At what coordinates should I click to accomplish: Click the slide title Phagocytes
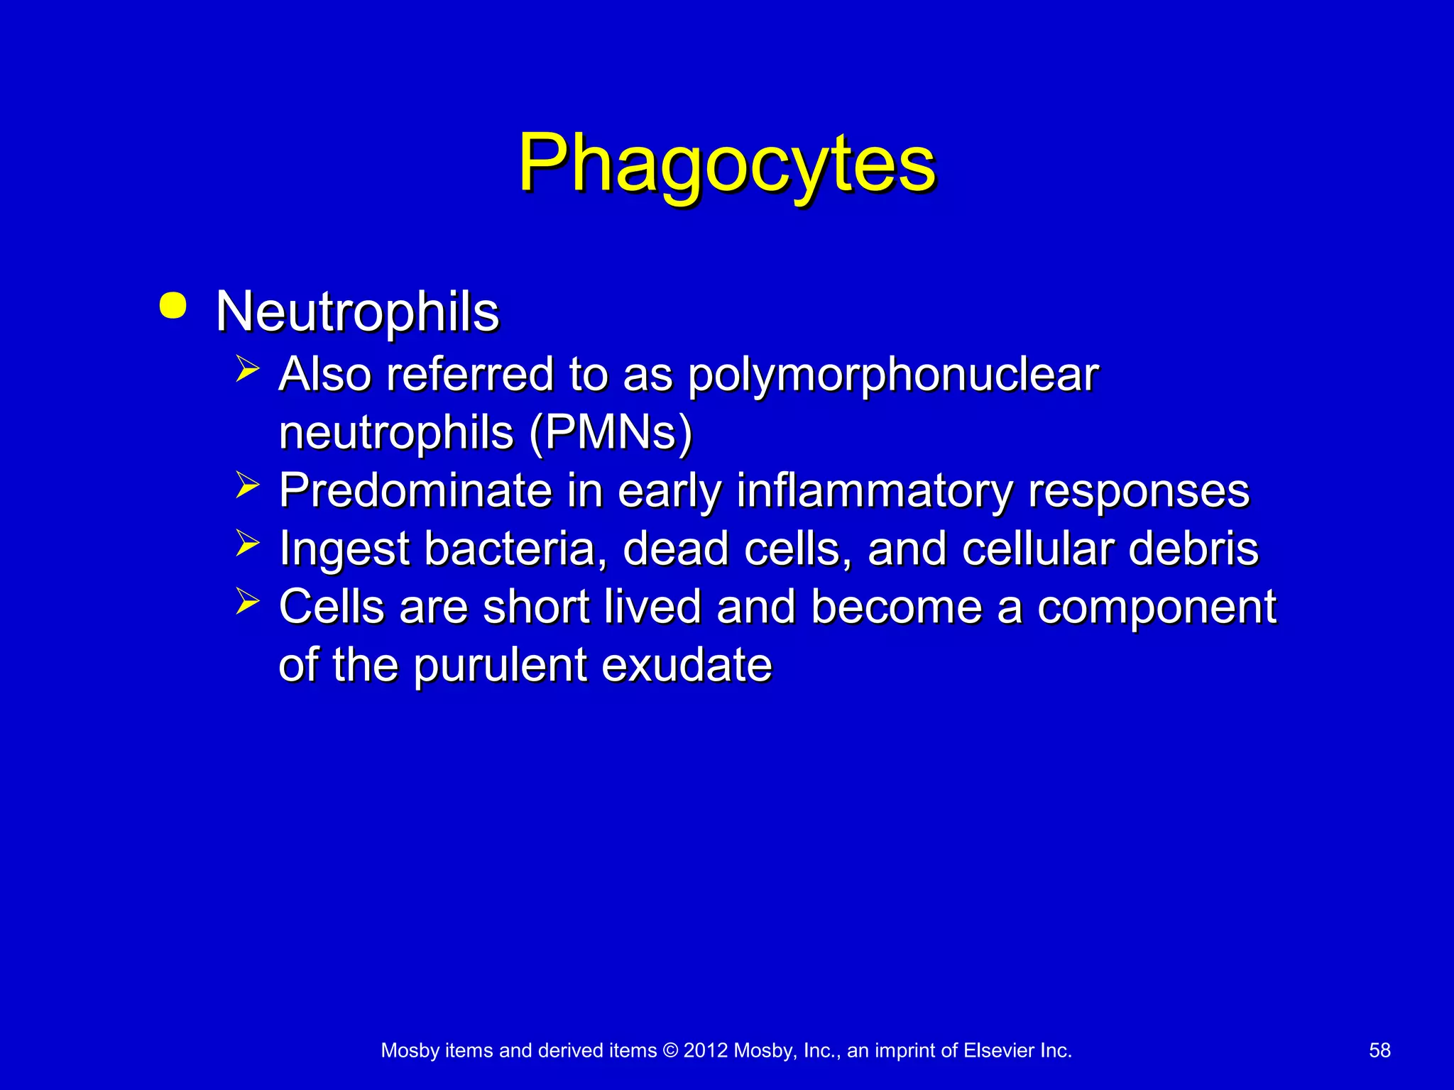click(x=727, y=165)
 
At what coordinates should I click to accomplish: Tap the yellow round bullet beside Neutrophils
click(x=173, y=306)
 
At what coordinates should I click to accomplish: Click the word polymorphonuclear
click(x=893, y=376)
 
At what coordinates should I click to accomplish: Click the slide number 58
click(x=1379, y=1050)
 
